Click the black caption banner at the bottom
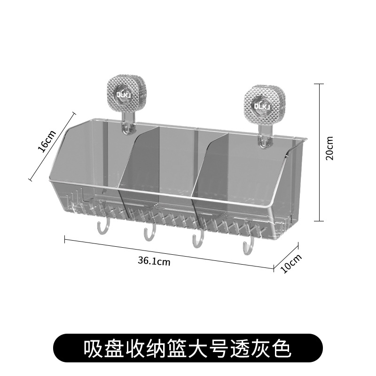pos(188,349)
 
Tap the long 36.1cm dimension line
pos(169,254)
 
